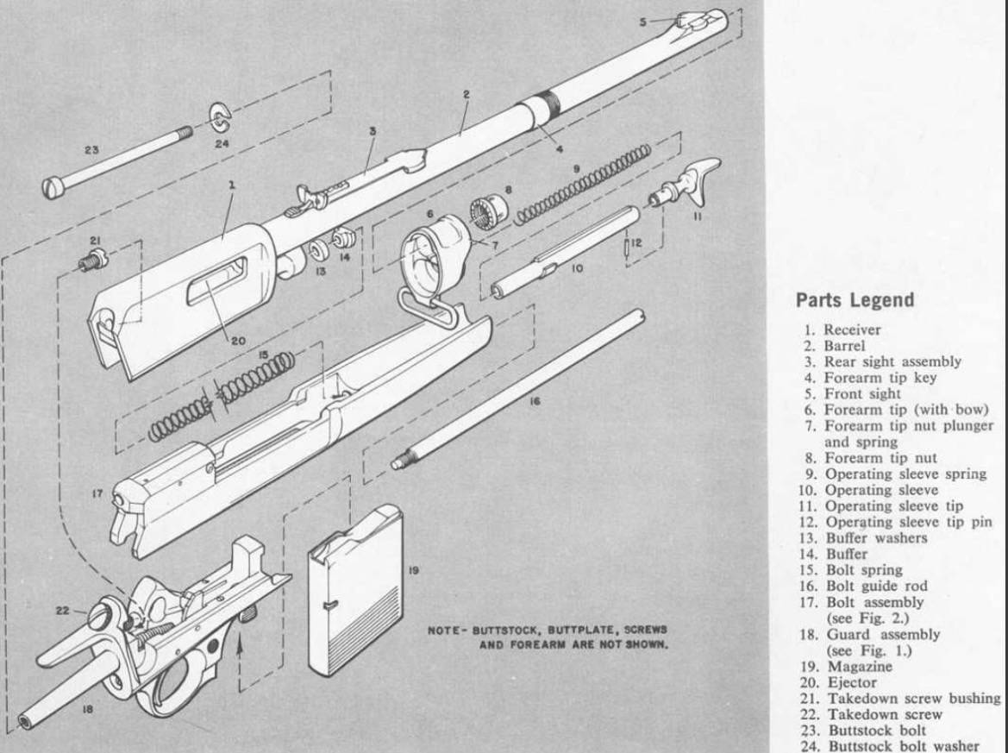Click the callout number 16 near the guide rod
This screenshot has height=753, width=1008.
coord(535,400)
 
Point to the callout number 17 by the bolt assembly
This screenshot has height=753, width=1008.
coord(97,495)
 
